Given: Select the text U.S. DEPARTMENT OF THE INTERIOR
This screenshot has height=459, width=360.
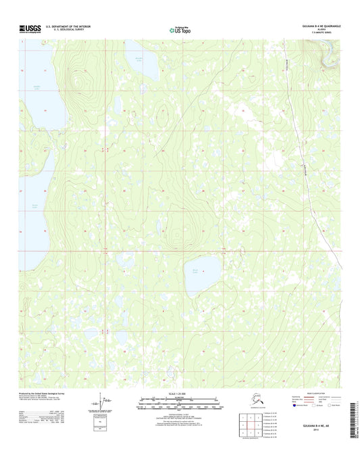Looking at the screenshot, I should tap(67, 26).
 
